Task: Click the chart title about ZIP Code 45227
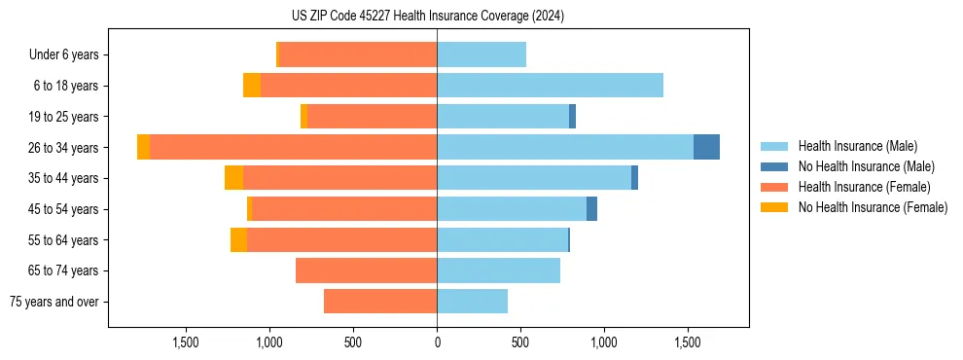click(x=429, y=17)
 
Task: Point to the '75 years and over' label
click(x=54, y=302)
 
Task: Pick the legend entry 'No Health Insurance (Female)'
click(x=873, y=207)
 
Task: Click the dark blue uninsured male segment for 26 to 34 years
click(x=706, y=147)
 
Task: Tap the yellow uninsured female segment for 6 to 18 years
click(x=252, y=86)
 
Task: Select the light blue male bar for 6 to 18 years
click(x=550, y=86)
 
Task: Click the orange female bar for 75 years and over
click(x=380, y=302)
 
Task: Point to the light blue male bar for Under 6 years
click(x=481, y=54)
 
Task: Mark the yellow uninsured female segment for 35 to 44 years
click(x=233, y=178)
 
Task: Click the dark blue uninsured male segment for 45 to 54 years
click(x=591, y=209)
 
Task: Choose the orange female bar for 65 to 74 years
click(x=366, y=270)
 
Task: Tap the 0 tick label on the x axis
click(x=437, y=342)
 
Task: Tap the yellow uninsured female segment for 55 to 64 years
click(x=238, y=240)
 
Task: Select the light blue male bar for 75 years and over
click(x=472, y=302)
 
